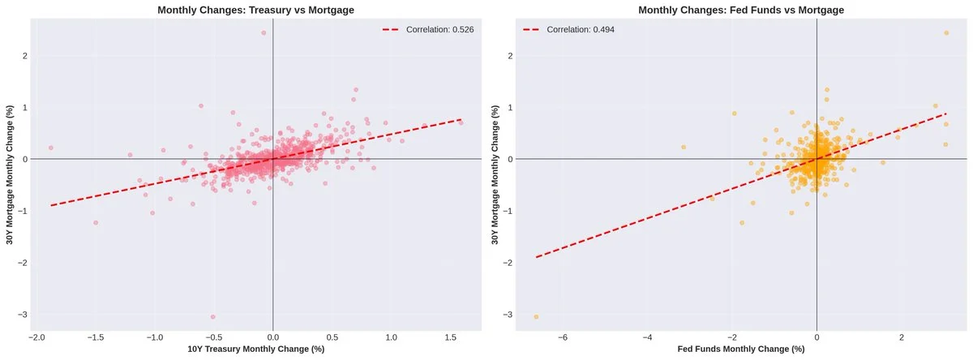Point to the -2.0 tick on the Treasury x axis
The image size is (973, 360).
coord(36,336)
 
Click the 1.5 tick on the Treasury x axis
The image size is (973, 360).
coord(451,336)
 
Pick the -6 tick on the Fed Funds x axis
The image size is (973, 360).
coord(562,336)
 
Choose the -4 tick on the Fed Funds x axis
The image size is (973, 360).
coord(647,336)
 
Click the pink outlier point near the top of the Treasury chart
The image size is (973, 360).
coord(264,33)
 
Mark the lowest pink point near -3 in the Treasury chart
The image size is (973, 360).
coord(213,316)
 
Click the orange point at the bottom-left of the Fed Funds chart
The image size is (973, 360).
coord(536,316)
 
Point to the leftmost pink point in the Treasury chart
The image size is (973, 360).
coord(50,148)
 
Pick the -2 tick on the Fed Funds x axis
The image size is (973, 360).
coord(731,336)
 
